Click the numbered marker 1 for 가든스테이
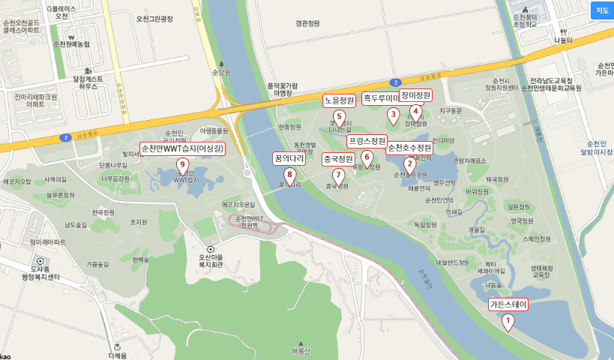508,322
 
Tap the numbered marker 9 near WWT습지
181,166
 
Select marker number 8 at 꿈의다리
290,175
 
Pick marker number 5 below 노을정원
339,117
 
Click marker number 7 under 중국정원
338,175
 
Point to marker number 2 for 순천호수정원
409,164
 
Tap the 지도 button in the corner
601,10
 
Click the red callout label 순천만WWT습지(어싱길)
182,148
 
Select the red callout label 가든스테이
508,304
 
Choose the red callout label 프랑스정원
367,140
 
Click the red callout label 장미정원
415,95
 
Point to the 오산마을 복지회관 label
211,259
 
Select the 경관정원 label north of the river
307,23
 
